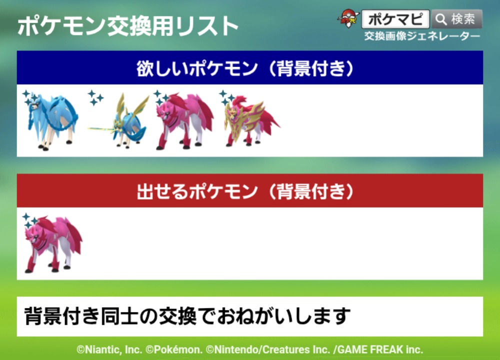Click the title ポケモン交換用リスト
click(x=128, y=26)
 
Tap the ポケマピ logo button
click(x=395, y=19)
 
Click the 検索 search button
click(x=456, y=19)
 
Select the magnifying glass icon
click(x=441, y=19)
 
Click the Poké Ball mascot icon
click(x=348, y=18)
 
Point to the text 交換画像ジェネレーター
click(x=422, y=36)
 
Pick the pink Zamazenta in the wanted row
click(x=184, y=121)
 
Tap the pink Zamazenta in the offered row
click(x=53, y=244)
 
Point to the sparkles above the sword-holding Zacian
click(x=95, y=97)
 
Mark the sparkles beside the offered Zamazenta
click(x=30, y=220)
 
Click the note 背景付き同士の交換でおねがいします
click(x=187, y=316)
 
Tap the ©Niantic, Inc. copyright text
click(x=109, y=350)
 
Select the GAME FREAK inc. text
click(x=380, y=350)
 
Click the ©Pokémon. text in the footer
click(x=174, y=350)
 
